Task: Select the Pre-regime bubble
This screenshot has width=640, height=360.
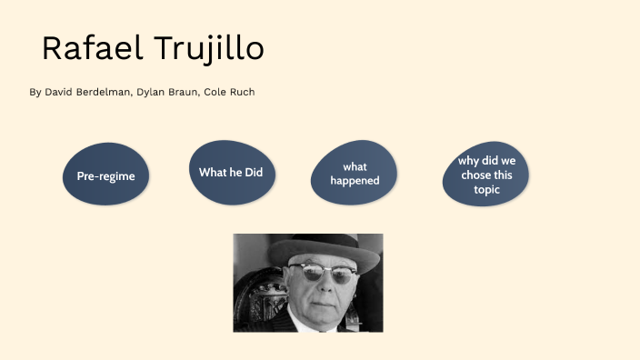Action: pos(105,175)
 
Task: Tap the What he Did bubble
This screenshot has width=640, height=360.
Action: pos(231,172)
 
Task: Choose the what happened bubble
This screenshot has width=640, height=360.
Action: pos(355,174)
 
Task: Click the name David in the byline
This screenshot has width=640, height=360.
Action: pos(59,93)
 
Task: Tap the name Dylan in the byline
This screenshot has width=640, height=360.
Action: pos(151,93)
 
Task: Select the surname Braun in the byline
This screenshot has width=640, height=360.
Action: pos(184,93)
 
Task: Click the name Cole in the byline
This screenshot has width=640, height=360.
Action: pos(215,93)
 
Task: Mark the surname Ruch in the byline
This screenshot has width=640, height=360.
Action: pos(243,93)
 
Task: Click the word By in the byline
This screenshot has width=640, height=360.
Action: pos(35,93)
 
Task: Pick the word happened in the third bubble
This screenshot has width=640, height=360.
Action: pos(355,180)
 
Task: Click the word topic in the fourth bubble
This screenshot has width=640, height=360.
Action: pos(486,189)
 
